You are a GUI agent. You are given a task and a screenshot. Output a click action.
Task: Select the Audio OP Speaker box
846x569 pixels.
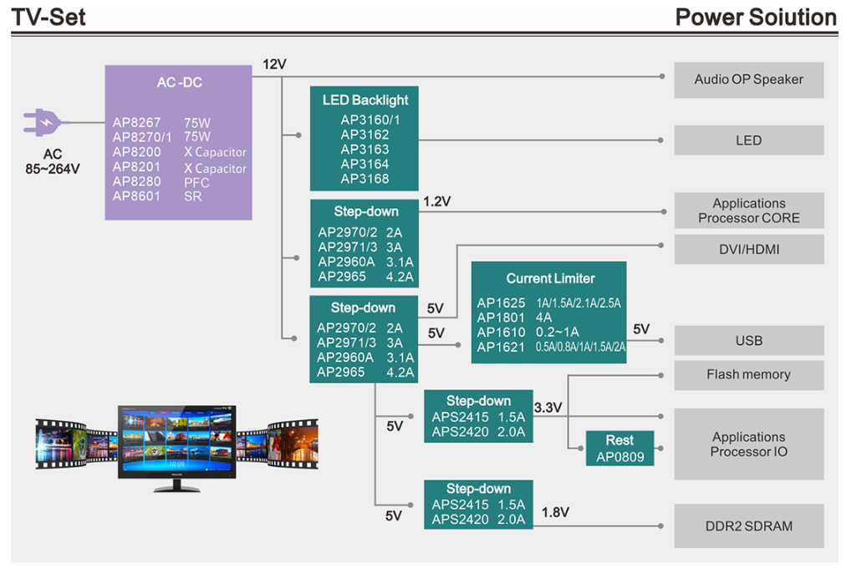click(x=748, y=79)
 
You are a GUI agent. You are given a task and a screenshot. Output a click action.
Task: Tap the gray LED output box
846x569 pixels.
click(x=748, y=140)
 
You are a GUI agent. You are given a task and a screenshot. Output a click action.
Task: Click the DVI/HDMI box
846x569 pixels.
click(x=748, y=249)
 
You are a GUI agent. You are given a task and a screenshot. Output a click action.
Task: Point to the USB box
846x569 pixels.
click(x=748, y=341)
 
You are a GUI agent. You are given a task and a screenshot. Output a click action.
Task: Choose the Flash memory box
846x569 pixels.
click(x=748, y=374)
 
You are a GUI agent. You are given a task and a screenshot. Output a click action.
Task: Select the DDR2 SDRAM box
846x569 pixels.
click(x=748, y=526)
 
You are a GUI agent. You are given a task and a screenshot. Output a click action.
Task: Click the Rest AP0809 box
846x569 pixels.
click(x=619, y=449)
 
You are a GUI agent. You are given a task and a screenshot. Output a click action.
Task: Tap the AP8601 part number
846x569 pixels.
click(x=137, y=196)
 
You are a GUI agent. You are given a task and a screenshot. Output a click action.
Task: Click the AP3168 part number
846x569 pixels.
click(x=364, y=178)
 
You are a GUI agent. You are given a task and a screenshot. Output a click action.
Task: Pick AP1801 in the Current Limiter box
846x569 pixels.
click(x=501, y=318)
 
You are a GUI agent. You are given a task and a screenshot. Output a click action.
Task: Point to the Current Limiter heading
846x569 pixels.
click(x=550, y=278)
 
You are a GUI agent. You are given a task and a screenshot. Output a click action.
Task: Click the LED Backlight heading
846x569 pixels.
click(x=365, y=100)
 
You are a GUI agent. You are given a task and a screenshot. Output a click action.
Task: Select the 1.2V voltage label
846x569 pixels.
click(x=437, y=201)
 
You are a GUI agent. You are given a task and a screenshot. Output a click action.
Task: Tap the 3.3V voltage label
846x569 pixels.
click(x=548, y=408)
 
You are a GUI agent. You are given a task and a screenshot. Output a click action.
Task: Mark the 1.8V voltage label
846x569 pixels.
click(x=556, y=511)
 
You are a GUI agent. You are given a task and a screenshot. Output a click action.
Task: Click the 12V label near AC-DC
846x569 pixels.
click(x=275, y=64)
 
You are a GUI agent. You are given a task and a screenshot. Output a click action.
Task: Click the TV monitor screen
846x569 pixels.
click(x=176, y=441)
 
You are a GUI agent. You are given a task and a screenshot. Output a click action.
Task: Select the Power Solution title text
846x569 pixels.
click(x=756, y=17)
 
